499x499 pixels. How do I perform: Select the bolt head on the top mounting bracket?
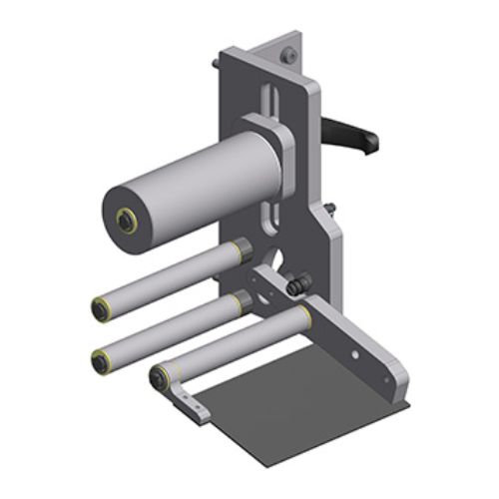[x=285, y=56]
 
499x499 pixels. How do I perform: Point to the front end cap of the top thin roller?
[x=101, y=308]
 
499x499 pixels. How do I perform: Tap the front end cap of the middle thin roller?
[x=100, y=360]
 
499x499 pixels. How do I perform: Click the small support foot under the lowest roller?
[x=190, y=408]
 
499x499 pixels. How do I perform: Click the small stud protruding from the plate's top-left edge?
[x=215, y=66]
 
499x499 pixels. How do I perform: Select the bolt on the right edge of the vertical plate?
[x=330, y=210]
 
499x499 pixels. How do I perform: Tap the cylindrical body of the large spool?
[x=190, y=190]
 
